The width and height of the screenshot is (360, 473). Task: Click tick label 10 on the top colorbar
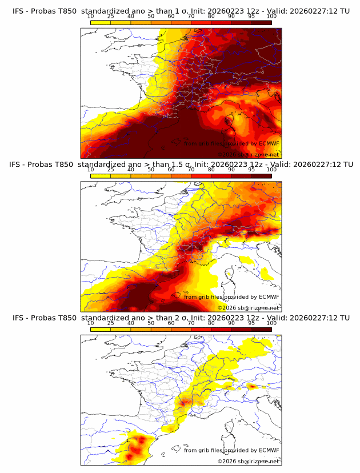91,16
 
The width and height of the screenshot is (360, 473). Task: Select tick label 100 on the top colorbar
271,16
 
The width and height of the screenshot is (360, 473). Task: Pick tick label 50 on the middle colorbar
151,170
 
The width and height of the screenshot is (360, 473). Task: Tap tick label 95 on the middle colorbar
251,170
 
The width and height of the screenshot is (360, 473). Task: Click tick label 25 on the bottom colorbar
111,323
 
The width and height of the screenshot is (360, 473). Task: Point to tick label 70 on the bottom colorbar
191,323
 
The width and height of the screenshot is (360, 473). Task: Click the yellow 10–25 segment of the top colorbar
101,22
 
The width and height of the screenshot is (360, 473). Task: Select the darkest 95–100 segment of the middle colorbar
261,176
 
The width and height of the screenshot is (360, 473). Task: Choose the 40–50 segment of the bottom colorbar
141,329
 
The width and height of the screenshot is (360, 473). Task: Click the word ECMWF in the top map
269,143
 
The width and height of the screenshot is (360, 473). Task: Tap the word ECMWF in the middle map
269,296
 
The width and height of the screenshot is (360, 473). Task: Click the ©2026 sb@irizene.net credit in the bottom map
248,461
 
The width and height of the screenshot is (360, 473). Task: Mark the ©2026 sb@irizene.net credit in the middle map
248,308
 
